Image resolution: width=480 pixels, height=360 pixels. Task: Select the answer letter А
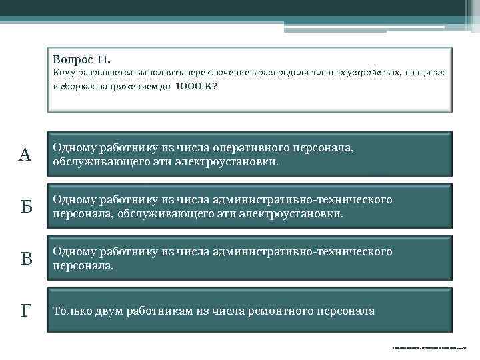coord(25,155)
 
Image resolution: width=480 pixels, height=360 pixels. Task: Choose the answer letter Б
coord(25,207)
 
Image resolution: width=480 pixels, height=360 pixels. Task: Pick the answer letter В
coord(25,259)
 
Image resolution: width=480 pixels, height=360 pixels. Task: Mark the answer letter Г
coord(25,311)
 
